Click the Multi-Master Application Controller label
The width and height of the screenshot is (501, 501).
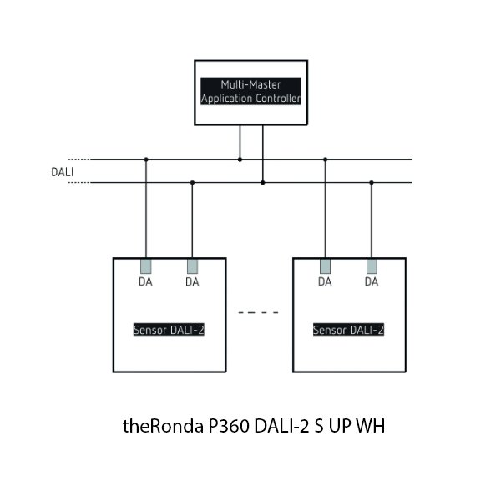point(251,92)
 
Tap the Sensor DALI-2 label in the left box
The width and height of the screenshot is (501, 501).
point(170,330)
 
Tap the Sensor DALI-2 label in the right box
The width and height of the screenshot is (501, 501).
point(348,330)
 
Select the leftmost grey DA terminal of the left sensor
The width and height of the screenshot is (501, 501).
point(146,266)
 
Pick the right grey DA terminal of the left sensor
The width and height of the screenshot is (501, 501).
point(192,266)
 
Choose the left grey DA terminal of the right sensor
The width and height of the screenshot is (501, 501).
point(325,266)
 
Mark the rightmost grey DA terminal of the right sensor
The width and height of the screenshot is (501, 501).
point(371,266)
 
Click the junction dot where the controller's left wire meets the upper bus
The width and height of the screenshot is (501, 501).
point(240,159)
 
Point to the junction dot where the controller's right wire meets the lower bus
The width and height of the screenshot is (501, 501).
point(262,181)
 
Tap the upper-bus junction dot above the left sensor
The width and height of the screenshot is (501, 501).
point(146,159)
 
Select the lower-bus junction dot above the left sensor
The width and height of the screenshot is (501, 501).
point(192,181)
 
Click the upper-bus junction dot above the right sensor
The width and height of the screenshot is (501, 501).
point(325,159)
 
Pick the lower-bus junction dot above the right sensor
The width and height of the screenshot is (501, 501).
point(371,181)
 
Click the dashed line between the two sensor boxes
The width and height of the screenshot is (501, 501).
point(258,313)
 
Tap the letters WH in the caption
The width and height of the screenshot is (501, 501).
point(370,427)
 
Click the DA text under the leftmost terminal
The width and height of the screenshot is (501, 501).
point(146,282)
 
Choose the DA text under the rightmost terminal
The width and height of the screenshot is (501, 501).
point(371,282)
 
